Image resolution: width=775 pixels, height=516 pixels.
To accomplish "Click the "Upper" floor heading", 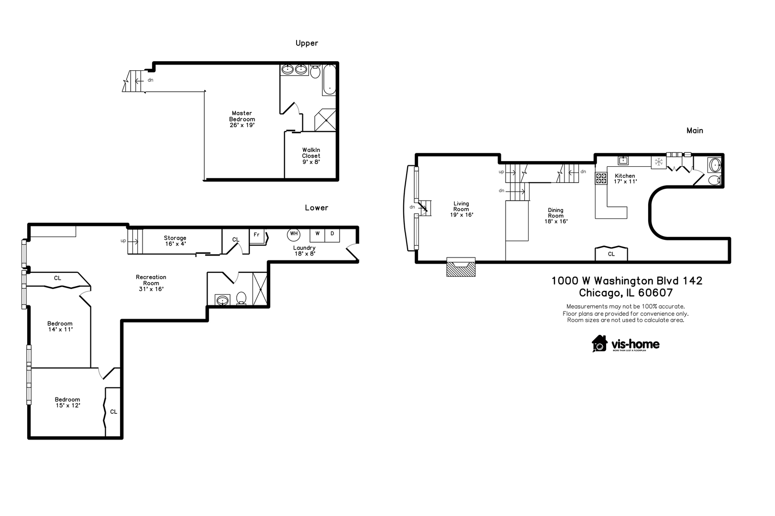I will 307,43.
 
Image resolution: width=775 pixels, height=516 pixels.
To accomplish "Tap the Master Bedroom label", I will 242,119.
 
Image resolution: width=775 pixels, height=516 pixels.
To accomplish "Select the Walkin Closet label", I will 311,156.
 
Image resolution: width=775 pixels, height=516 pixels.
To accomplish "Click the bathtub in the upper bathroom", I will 329,80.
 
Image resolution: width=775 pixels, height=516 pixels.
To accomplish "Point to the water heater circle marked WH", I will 294,234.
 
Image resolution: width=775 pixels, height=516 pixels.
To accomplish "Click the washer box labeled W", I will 317,234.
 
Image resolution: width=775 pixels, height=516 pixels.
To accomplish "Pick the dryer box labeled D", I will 332,234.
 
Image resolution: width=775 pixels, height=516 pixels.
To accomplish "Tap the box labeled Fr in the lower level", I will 257,235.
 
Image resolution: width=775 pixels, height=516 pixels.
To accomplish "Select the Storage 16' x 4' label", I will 175,241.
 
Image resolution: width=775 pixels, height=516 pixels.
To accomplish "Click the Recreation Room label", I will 151,283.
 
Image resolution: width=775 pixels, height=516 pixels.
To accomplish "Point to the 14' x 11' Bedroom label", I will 60,326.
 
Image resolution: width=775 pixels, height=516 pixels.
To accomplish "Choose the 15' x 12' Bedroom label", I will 67,402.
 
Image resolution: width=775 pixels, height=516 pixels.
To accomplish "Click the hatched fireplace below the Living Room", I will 461,268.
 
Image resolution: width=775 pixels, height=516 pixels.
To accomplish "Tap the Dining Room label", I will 556,215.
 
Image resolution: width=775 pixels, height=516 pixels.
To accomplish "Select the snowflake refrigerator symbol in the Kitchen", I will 659,162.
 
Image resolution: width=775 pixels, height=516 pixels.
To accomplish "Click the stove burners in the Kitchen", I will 601,178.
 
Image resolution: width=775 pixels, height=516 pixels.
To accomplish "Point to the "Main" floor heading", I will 695,130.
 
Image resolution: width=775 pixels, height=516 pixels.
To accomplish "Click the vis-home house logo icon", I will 599,343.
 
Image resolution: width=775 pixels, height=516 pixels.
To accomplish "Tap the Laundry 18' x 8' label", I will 305,250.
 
